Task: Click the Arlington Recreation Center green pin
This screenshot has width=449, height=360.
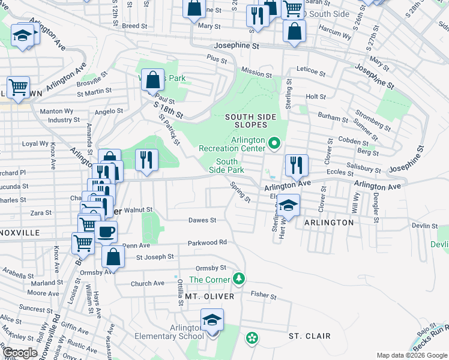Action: coord(274,143)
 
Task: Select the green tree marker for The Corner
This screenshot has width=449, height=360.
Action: coord(239,279)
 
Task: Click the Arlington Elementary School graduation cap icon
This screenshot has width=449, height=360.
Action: coord(212,320)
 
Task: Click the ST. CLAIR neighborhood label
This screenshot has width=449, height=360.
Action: coord(309,336)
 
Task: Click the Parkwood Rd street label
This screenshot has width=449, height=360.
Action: coord(207,242)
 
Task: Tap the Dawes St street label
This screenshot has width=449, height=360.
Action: coord(202,220)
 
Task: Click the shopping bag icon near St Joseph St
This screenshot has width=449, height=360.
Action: coord(113,256)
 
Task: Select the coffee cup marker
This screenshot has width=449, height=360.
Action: coord(106,232)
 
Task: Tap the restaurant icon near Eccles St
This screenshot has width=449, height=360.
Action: coord(297,165)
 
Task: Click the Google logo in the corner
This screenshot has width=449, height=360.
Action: coord(20,353)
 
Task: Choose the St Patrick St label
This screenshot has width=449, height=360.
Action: coord(169,130)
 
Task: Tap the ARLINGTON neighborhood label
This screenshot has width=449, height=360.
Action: coord(329,223)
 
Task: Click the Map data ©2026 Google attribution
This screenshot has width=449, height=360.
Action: coord(411,355)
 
